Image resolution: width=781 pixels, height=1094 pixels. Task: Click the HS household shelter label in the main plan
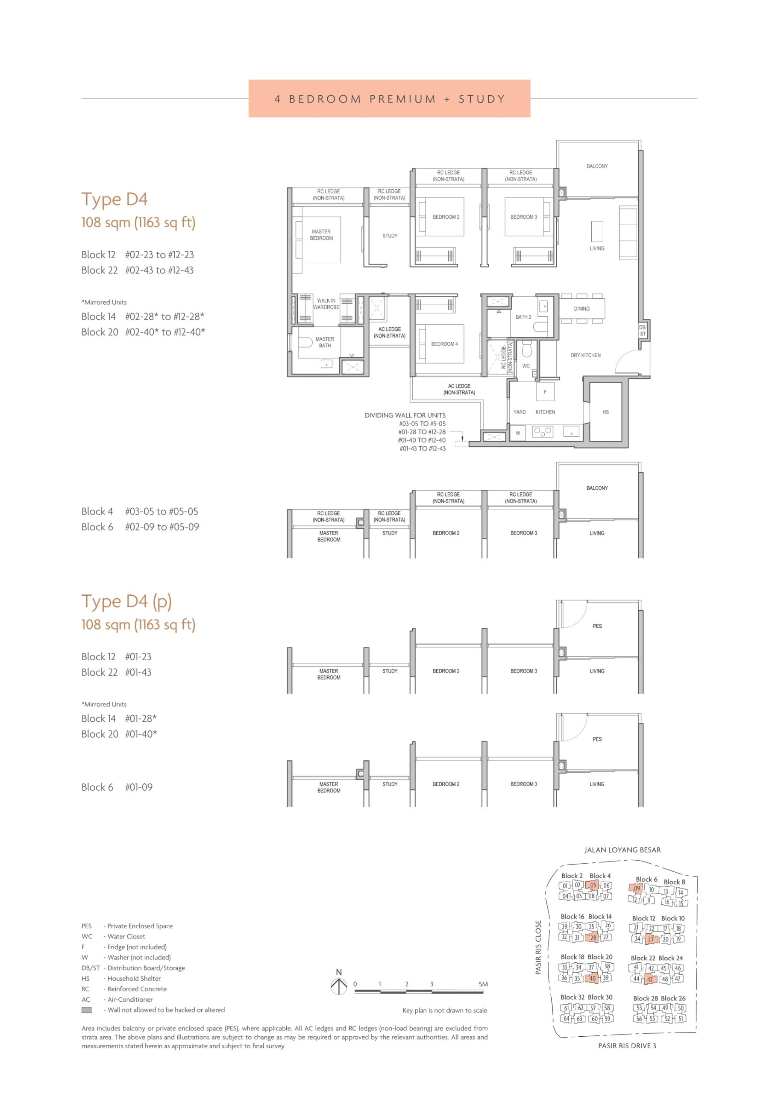(x=605, y=412)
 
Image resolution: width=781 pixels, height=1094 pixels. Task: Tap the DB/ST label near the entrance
(x=643, y=330)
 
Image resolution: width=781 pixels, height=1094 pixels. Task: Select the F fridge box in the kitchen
(x=545, y=391)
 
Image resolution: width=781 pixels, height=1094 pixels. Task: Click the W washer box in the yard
(x=518, y=433)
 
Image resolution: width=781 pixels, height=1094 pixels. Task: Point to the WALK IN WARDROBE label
(x=326, y=304)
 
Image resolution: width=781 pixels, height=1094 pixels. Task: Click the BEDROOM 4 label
(x=444, y=344)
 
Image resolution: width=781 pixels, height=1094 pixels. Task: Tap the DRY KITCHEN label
(x=585, y=356)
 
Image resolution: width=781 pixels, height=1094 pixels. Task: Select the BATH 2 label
(x=523, y=317)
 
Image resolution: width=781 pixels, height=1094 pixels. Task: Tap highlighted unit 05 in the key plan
(x=593, y=885)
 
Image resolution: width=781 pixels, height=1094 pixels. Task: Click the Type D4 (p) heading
(x=126, y=602)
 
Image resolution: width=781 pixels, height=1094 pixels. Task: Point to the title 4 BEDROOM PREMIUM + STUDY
(x=390, y=99)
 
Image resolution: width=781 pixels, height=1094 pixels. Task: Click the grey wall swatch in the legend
(x=87, y=1010)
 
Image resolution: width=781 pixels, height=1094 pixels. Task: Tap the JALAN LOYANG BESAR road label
(x=622, y=850)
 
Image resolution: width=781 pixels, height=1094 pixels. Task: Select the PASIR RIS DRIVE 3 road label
(x=627, y=1045)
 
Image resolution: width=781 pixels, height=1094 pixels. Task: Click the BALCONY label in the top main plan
(x=597, y=166)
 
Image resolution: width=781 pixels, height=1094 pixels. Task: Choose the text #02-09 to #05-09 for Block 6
(x=162, y=527)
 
